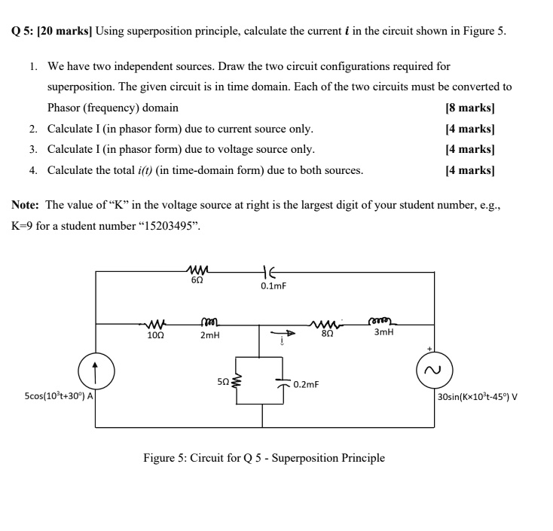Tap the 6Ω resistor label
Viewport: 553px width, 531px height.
tap(196, 280)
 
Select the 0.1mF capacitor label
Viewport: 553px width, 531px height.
tap(273, 286)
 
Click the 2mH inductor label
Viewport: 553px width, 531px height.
tap(210, 336)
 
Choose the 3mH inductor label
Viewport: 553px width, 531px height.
tap(383, 331)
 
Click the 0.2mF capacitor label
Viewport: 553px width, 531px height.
tap(306, 384)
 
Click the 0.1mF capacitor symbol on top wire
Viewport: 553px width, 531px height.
tap(267, 272)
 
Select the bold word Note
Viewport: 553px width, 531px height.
tap(26, 205)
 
